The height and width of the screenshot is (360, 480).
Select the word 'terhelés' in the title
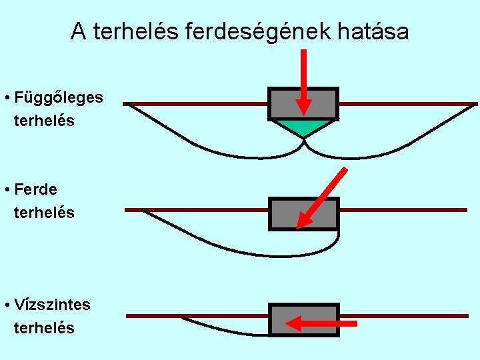point(133,31)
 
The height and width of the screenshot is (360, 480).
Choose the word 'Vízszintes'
point(52,305)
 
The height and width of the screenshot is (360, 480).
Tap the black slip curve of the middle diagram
point(233,247)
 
